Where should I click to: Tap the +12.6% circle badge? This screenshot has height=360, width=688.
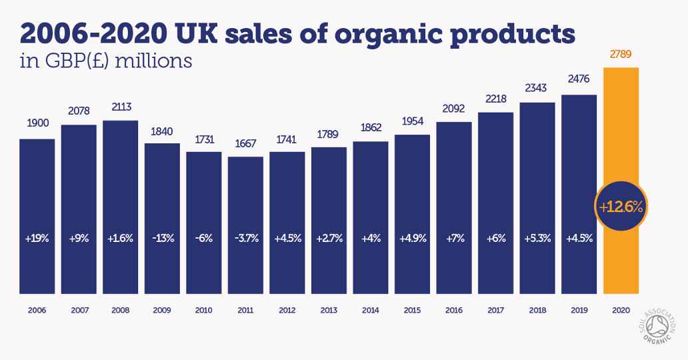(621, 207)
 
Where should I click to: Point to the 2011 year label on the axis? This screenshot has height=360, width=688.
(245, 310)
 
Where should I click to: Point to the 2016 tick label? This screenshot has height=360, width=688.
(454, 310)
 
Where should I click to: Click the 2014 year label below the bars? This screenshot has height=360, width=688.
(371, 310)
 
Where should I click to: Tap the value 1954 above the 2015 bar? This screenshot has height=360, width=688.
(412, 122)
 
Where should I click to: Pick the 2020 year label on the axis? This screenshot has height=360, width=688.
(621, 310)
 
